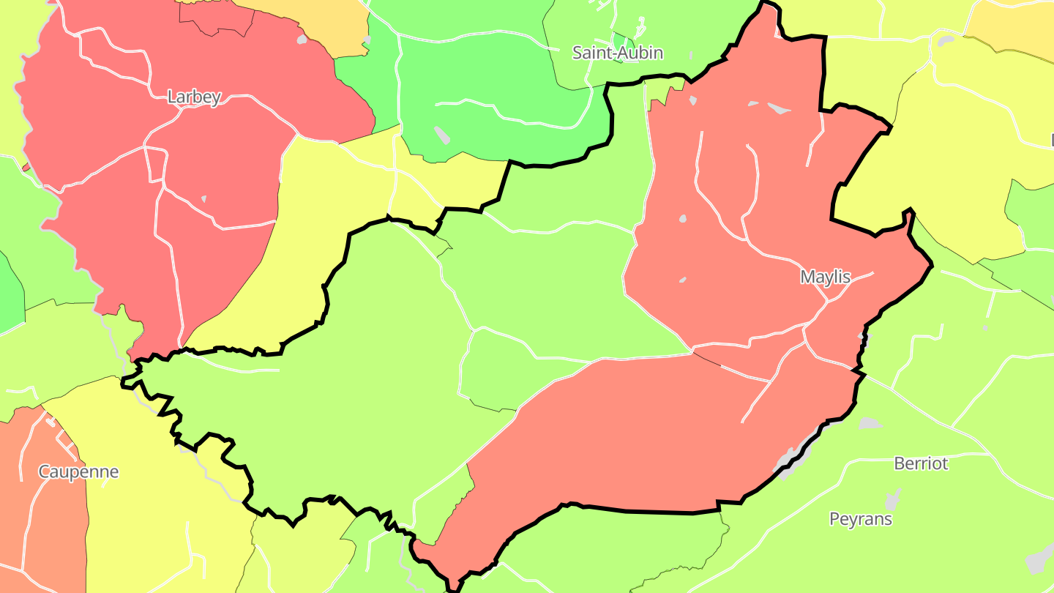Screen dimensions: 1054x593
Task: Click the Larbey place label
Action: pos(194,97)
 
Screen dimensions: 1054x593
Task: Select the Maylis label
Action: pos(826,277)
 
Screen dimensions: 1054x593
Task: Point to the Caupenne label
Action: pos(78,471)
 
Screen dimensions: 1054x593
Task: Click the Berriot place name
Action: pos(921,463)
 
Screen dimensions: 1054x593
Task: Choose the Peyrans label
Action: pos(861,519)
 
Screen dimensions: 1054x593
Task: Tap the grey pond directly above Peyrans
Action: pos(892,500)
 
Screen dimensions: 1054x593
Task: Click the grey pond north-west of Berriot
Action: pos(869,423)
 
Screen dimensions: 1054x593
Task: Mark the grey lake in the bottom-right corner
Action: pos(1040,560)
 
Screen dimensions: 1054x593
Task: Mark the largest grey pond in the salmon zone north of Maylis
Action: pos(779,108)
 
